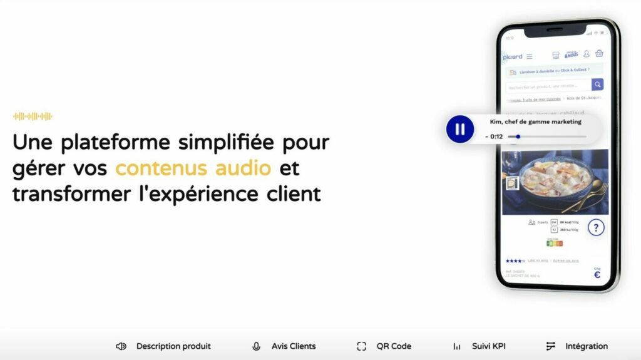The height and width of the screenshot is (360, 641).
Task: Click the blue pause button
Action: [x=460, y=130]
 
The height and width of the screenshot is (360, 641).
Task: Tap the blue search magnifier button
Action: [x=597, y=85]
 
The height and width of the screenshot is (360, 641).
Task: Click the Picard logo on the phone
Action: [x=512, y=56]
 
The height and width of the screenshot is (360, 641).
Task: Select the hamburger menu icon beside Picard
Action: [x=530, y=56]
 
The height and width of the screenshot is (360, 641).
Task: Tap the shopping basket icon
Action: [x=599, y=54]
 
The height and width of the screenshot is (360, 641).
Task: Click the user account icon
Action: [x=587, y=54]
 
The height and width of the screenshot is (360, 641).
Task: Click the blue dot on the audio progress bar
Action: [x=518, y=136]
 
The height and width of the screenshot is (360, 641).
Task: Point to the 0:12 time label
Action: [x=495, y=136]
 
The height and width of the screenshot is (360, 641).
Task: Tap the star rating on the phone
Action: [x=515, y=260]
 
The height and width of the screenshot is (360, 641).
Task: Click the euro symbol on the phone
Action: [x=597, y=275]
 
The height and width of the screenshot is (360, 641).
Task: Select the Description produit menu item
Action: [x=173, y=346]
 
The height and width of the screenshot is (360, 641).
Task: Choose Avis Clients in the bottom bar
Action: [x=294, y=346]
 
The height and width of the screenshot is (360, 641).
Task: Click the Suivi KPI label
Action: [x=489, y=346]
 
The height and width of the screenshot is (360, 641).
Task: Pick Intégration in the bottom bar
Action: [x=586, y=346]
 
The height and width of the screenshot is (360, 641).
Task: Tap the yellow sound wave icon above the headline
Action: [x=33, y=116]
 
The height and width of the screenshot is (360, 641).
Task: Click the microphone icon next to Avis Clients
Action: [x=256, y=346]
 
